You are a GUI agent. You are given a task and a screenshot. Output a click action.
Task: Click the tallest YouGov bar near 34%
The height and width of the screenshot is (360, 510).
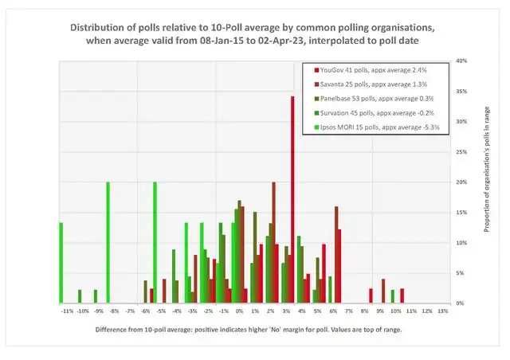click(292, 199)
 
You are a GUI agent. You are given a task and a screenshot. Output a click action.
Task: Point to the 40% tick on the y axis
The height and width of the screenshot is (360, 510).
click(461, 61)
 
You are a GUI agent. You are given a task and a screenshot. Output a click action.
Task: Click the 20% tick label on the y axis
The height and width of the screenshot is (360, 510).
click(461, 182)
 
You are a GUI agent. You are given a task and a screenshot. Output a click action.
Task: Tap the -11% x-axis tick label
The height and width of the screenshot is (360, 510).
click(67, 311)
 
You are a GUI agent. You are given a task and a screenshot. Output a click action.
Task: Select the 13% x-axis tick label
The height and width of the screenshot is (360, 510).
click(442, 311)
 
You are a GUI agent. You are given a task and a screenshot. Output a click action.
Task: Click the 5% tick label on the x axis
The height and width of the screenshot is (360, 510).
click(317, 311)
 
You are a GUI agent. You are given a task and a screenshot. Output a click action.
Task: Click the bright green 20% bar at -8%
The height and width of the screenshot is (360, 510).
click(108, 242)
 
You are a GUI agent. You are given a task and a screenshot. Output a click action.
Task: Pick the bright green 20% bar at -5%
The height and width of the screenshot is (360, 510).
click(155, 242)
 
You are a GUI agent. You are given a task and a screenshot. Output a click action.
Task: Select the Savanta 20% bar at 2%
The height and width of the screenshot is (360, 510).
click(274, 242)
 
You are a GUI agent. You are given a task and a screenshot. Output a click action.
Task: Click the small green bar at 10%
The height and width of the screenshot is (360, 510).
click(392, 296)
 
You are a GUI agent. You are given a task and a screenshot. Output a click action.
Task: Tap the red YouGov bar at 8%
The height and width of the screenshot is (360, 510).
click(371, 295)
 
